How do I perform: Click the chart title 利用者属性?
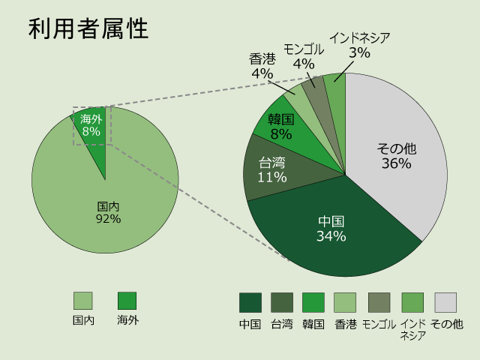pos(88,28)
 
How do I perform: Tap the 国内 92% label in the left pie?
pos(108,212)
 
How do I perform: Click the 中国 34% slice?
pos(331,229)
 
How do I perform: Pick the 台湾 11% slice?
pos(272,169)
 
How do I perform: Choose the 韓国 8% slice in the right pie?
pos(282,127)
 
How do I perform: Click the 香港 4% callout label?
pos(262,66)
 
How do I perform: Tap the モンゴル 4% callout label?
pos(303,56)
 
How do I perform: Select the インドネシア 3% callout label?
pos(359,44)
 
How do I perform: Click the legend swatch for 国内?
pos(82,301)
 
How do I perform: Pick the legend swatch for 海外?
pos(127,301)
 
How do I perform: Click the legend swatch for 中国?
pos(250,302)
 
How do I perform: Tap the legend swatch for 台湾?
pos(282,302)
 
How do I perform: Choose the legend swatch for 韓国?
pos(313,302)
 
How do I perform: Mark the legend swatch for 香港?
pos(345,302)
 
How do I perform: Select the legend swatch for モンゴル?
pos(379,302)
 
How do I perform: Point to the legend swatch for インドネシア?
pos(412,302)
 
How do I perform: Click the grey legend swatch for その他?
pos(445,302)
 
